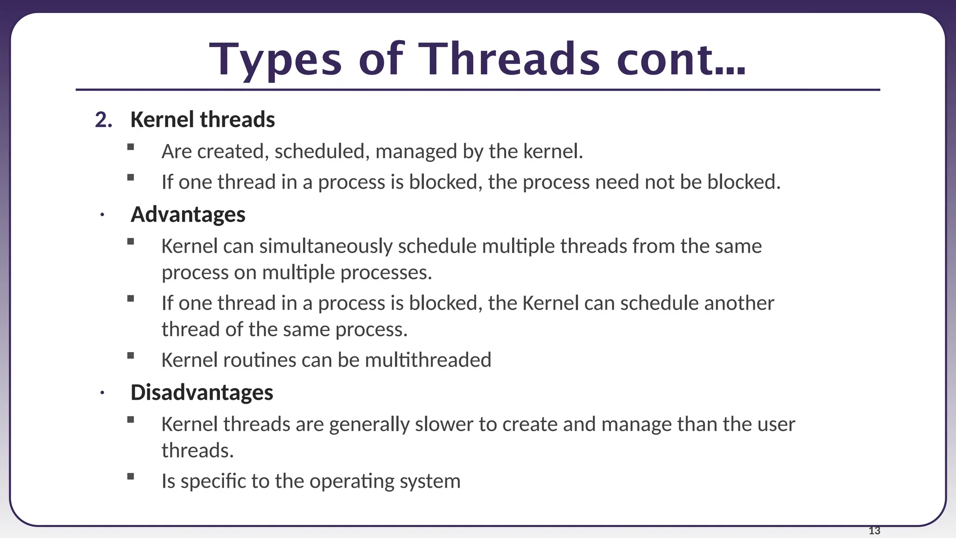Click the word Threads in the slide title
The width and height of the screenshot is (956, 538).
coord(508,59)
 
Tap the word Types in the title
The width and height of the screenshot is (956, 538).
coord(275,59)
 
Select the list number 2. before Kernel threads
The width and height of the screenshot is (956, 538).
coord(104,120)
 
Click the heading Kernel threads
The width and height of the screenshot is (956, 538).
coord(203,120)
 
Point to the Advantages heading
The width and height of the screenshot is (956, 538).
coord(188,214)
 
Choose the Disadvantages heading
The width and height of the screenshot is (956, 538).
coord(202,392)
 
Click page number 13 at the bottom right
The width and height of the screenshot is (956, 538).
coord(874,531)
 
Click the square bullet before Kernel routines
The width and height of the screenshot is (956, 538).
coord(131,356)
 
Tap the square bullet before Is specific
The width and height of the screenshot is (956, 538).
coord(131,477)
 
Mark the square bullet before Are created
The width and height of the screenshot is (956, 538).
coord(131,147)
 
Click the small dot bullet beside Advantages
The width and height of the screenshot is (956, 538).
coord(102,215)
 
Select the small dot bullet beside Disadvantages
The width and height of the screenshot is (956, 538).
coord(102,393)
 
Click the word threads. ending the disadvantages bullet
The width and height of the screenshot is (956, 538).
coord(197,451)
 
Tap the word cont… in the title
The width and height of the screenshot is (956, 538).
coord(681,59)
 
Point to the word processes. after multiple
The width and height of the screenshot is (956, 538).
coord(386,273)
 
